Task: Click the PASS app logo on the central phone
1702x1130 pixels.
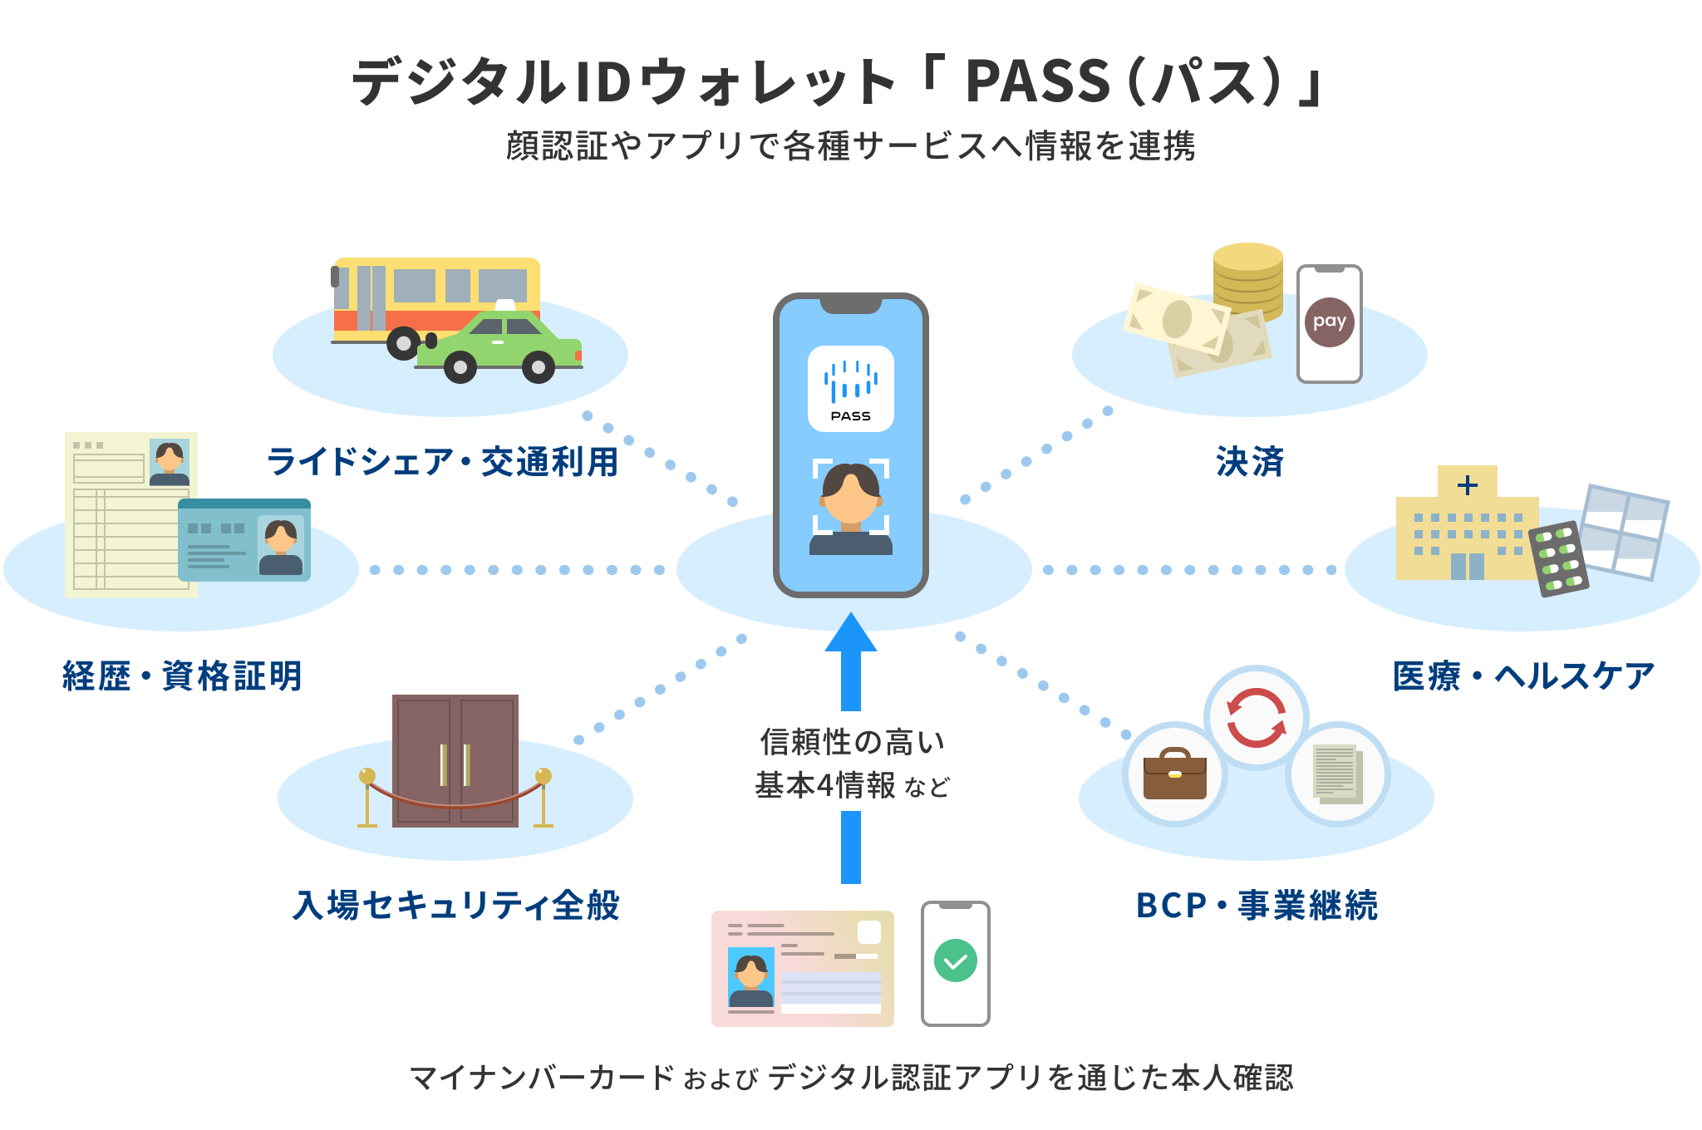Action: (x=850, y=388)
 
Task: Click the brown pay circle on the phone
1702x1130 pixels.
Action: (x=1329, y=322)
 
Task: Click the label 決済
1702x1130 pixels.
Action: (x=1249, y=462)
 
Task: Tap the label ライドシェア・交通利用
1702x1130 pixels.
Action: (x=442, y=462)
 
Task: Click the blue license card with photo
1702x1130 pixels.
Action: (x=243, y=540)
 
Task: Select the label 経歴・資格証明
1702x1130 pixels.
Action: (x=182, y=676)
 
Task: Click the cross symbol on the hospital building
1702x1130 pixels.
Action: (x=1468, y=484)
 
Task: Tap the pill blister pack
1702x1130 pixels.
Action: (x=1559, y=559)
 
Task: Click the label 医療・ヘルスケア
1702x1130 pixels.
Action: (x=1523, y=676)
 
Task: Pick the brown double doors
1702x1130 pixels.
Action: (x=455, y=759)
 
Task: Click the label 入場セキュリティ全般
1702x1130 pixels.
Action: (x=455, y=906)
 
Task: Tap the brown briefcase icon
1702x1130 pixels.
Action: (x=1174, y=774)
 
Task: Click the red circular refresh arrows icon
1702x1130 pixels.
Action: (x=1256, y=718)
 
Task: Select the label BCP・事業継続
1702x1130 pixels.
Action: (x=1257, y=906)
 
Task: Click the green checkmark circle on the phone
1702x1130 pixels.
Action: (x=955, y=961)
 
